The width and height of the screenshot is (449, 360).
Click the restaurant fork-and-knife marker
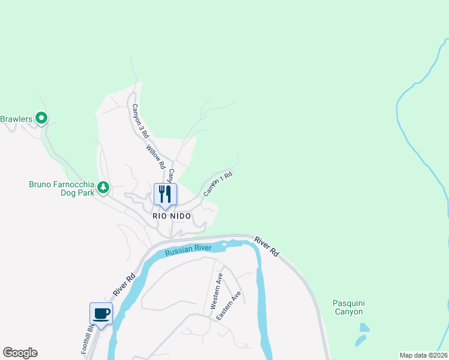(163, 194)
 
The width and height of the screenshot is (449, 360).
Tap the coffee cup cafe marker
(101, 313)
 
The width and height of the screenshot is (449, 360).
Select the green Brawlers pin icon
(41, 118)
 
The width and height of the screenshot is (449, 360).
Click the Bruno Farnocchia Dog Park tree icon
(103, 188)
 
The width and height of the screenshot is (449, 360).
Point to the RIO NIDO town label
(172, 216)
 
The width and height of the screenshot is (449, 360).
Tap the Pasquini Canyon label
(348, 307)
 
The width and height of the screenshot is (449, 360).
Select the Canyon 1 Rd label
(217, 184)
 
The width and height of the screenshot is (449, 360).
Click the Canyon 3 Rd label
(139, 119)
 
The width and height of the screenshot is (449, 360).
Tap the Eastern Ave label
(229, 305)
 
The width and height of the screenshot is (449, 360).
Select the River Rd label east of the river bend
(267, 247)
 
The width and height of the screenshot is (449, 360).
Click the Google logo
(20, 353)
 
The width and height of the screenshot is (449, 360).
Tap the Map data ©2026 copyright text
(423, 355)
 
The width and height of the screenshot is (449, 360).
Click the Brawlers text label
(15, 119)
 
